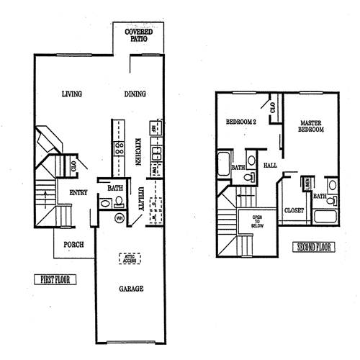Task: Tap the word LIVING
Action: [71, 94]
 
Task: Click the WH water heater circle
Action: [120, 217]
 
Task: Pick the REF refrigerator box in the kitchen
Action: [155, 129]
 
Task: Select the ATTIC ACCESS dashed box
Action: [130, 258]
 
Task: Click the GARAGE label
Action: [131, 289]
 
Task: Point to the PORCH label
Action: [73, 245]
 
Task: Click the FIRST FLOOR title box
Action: [55, 279]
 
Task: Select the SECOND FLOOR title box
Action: [313, 248]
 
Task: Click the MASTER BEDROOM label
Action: [311, 126]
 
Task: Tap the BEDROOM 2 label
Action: [241, 122]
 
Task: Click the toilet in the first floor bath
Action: [105, 204]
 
